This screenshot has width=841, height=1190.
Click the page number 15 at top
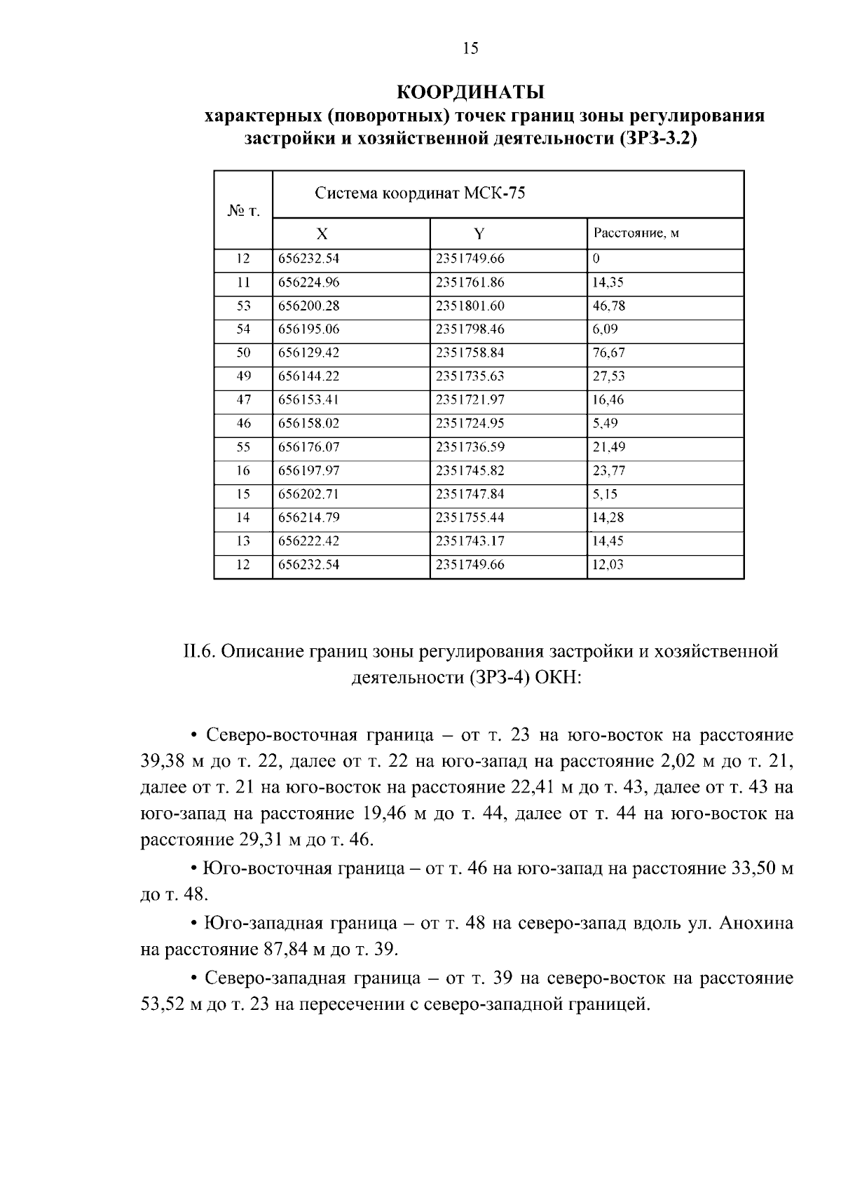point(470,48)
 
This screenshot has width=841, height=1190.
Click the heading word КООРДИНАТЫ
point(470,92)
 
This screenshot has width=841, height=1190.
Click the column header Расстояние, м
point(636,233)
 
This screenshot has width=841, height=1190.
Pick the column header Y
point(479,234)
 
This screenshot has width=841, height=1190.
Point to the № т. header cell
point(243,210)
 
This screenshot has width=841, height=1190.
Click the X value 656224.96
point(309,282)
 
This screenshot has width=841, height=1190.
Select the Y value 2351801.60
point(470,306)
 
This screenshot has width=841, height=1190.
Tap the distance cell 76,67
point(608,353)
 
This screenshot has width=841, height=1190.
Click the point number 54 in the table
point(243,329)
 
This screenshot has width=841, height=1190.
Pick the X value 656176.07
point(309,447)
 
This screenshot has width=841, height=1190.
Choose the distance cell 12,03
point(608,565)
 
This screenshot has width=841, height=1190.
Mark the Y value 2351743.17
point(470,541)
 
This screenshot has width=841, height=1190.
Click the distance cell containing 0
point(596,259)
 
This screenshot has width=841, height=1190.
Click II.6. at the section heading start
point(199,652)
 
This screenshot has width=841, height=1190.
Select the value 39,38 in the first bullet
point(162,762)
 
